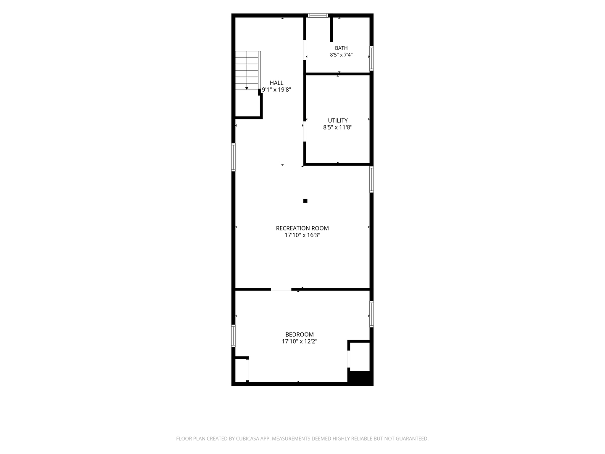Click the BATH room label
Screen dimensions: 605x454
pyautogui.click(x=341, y=48)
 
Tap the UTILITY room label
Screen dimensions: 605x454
pyautogui.click(x=338, y=121)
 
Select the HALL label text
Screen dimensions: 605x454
pyautogui.click(x=276, y=83)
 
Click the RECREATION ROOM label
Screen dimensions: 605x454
pyautogui.click(x=302, y=228)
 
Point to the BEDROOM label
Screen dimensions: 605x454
pyautogui.click(x=299, y=334)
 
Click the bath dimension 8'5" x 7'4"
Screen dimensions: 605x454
pyautogui.click(x=341, y=55)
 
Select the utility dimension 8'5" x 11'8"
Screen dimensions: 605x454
pyautogui.click(x=338, y=127)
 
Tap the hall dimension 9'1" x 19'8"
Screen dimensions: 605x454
pyautogui.click(x=276, y=90)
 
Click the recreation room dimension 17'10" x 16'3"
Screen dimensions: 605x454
pyautogui.click(x=302, y=235)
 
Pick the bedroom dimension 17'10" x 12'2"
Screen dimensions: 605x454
pyautogui.click(x=299, y=341)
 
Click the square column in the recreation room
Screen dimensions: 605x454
pyautogui.click(x=305, y=201)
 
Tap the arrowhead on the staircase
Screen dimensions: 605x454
pyautogui.click(x=247, y=88)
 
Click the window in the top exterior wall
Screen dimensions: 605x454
pyautogui.click(x=318, y=16)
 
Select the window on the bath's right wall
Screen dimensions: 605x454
pyautogui.click(x=371, y=58)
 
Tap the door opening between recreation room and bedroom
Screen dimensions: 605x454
pyautogui.click(x=281, y=289)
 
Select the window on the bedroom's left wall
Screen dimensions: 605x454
pyautogui.click(x=234, y=336)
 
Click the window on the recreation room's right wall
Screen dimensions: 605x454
pyautogui.click(x=371, y=179)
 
